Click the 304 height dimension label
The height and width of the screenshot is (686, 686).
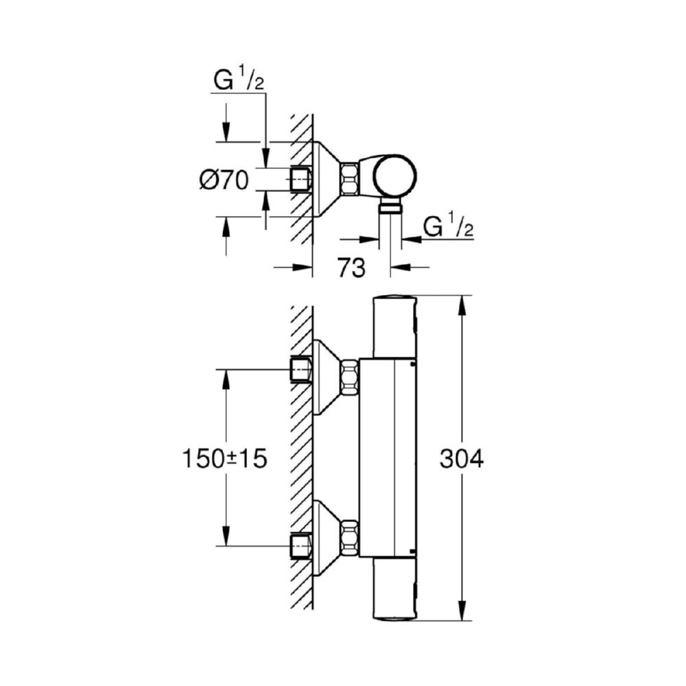click(x=462, y=459)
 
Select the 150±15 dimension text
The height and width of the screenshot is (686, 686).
click(x=224, y=459)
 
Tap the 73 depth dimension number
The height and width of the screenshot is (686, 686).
click(x=351, y=268)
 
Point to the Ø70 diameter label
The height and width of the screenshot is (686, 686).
click(x=224, y=180)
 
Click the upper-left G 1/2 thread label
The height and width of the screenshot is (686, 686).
click(x=239, y=80)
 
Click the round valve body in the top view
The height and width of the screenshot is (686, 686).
click(x=394, y=176)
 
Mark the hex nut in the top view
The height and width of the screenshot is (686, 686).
click(x=349, y=179)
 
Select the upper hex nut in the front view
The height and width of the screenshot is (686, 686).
click(x=349, y=376)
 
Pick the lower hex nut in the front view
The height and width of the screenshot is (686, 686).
click(x=349, y=538)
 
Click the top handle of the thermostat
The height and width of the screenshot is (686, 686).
click(x=394, y=327)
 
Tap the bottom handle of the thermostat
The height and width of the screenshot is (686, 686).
click(x=394, y=589)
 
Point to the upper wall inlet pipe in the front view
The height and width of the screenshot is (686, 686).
click(x=301, y=370)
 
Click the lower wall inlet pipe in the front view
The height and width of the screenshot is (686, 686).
click(x=301, y=545)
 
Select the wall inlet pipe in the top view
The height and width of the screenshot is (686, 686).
click(x=301, y=179)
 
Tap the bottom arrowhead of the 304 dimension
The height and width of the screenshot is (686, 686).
click(x=462, y=611)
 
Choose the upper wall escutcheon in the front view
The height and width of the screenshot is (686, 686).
click(x=327, y=377)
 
